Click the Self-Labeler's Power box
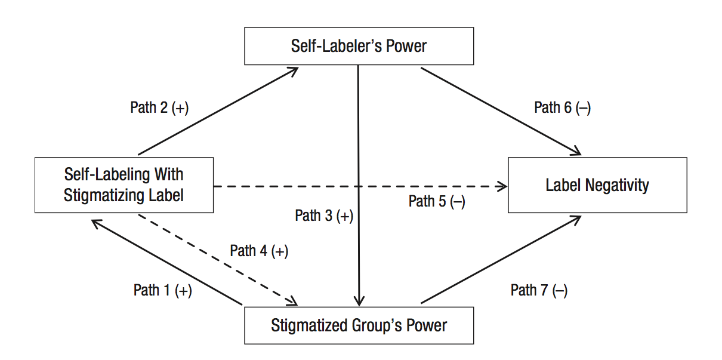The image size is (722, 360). pos(359,46)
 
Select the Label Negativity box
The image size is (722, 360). pos(597,185)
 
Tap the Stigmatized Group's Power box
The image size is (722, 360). pos(359,325)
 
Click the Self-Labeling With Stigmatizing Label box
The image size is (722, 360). pos(124,185)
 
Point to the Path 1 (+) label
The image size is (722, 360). pos(162,291)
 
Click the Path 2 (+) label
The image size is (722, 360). pos(159,107)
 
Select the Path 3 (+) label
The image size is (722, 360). pos(324,216)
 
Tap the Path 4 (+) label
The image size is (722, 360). pos(259,251)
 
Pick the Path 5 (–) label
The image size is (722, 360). pos(437,201)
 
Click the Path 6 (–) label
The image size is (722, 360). pos(562,107)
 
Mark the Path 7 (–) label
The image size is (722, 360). pos(539,291)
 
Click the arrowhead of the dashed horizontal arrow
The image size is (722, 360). pos(502,187)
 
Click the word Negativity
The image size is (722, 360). pos(618,185)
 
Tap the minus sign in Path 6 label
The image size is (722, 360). pos(583,108)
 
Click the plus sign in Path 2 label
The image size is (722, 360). pos(180,108)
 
